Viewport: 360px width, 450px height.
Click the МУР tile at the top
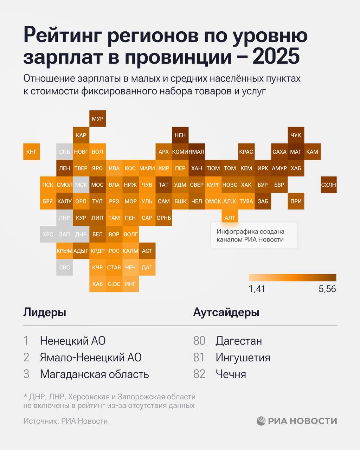coord(97,118)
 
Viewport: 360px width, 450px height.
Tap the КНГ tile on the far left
coord(31,152)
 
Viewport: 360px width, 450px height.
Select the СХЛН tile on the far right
coord(328,185)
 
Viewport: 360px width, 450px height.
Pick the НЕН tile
coord(180,135)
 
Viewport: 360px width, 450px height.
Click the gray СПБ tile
coord(64,152)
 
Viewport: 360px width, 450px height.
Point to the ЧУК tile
coord(296,135)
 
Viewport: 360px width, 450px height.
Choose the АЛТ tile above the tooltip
coord(230,218)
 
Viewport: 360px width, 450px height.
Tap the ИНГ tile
coord(130,284)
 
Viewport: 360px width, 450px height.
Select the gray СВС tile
coord(64,267)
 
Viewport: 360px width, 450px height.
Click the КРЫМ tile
coord(64,251)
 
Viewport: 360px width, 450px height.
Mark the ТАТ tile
coord(163,185)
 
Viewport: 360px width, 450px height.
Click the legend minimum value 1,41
coord(257,289)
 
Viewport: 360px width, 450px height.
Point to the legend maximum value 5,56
coord(327,289)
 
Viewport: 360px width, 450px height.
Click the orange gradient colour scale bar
coord(292,278)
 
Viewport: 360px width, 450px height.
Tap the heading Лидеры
coord(45,312)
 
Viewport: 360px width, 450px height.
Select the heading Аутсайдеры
coord(226,312)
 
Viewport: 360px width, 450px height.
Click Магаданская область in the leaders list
coord(94,374)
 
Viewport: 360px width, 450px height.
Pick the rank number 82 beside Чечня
coord(199,374)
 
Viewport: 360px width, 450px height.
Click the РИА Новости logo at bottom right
coord(297,421)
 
